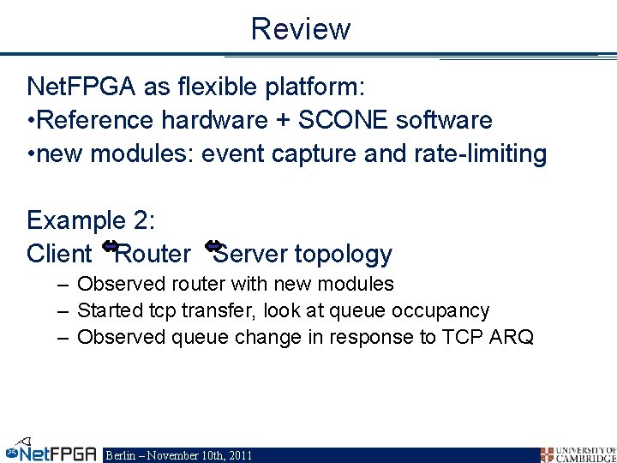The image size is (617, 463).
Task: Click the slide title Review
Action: tap(301, 28)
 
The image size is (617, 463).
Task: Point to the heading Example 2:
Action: tap(91, 220)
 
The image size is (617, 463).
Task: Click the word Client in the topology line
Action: tap(59, 254)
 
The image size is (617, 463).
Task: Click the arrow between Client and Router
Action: tap(110, 247)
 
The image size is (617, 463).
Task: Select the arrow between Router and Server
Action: tap(214, 247)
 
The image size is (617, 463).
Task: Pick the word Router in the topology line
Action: tap(154, 254)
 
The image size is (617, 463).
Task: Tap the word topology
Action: tap(344, 255)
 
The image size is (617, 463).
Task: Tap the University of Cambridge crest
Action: tap(547, 454)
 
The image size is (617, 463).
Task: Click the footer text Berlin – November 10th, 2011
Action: tap(178, 455)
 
